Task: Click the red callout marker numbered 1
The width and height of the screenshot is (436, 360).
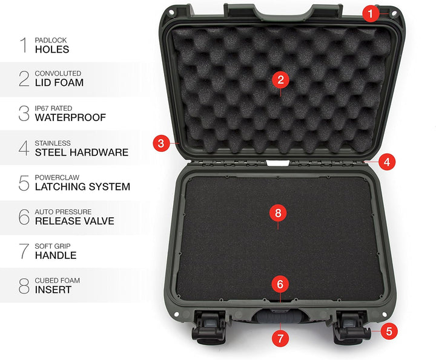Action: click(371, 13)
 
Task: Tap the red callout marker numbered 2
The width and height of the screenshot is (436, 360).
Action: click(280, 80)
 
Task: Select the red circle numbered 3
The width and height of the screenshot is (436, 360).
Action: click(161, 143)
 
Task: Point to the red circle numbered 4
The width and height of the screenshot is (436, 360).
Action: click(387, 162)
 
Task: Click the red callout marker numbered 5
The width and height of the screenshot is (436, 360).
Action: click(389, 331)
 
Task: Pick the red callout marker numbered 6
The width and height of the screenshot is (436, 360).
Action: click(280, 284)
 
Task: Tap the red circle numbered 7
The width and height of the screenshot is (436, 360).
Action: click(280, 338)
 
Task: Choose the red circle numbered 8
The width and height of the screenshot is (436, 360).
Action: click(278, 213)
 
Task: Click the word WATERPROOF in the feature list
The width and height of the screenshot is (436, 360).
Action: click(70, 117)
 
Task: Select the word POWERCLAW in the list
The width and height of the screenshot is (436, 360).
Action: click(57, 177)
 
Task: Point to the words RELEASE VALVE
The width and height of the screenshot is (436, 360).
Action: click(74, 221)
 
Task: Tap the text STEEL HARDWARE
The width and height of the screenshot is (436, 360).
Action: click(82, 152)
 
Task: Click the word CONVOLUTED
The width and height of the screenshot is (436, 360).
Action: click(58, 73)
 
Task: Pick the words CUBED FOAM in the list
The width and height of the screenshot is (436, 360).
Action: click(58, 281)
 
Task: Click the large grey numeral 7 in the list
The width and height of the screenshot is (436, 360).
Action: click(24, 251)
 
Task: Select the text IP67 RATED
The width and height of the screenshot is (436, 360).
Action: click(53, 108)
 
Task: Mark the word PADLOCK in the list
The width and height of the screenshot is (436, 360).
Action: click(51, 41)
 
